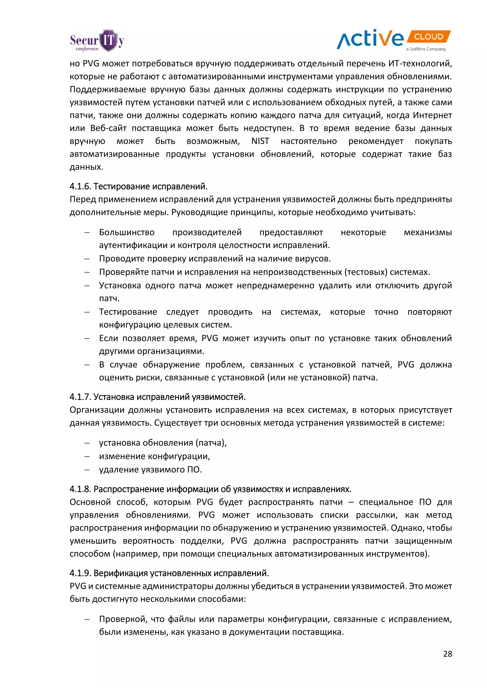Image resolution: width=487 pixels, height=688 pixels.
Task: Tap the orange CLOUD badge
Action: pyautogui.click(x=428, y=37)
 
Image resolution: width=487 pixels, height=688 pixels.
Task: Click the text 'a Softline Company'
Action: pyautogui.click(x=426, y=49)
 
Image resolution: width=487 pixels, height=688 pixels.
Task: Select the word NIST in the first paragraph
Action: pyautogui.click(x=260, y=141)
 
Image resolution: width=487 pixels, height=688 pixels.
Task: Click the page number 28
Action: pyautogui.click(x=448, y=654)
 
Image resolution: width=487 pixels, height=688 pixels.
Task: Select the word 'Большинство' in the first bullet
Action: pyautogui.click(x=127, y=232)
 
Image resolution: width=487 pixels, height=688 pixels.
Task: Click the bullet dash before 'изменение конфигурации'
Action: pyautogui.click(x=87, y=456)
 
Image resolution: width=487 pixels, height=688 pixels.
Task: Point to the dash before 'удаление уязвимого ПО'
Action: pyautogui.click(x=87, y=469)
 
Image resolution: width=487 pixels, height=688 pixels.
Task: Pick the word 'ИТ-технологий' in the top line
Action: pyautogui.click(x=420, y=63)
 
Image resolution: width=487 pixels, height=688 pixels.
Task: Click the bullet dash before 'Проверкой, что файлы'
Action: pyautogui.click(x=87, y=619)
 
